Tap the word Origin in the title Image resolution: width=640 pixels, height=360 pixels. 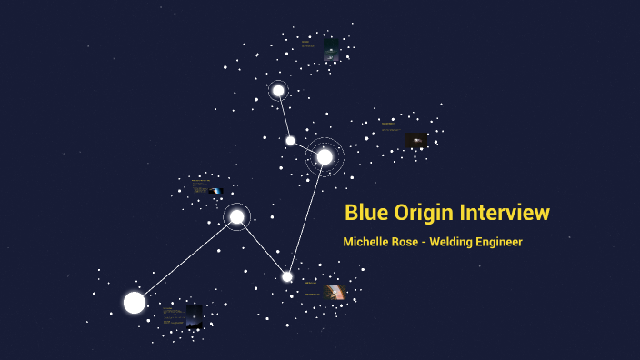coord(425,213)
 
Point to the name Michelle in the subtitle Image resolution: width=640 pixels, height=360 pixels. coord(367,242)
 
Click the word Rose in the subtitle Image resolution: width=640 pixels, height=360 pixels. coord(410,242)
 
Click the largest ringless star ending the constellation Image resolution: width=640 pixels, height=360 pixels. coord(135,302)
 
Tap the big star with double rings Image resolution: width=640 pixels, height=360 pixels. coord(325,156)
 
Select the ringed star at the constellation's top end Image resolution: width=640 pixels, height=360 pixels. coord(278,90)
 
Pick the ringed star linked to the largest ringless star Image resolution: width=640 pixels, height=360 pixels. coord(236,216)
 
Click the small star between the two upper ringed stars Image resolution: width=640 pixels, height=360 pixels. coord(291,140)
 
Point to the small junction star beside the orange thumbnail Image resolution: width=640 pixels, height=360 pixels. coord(287,276)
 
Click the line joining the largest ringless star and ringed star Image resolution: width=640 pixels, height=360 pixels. coord(185,259)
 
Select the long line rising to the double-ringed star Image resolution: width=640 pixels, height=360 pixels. coord(306,216)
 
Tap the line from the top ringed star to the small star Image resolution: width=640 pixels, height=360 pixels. coord(285,115)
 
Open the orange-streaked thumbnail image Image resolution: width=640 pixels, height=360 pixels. coord(335,292)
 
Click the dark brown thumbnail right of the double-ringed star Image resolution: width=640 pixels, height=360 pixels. coord(415,140)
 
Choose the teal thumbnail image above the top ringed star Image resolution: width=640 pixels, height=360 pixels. coord(332,48)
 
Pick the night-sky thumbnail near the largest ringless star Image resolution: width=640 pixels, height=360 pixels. coord(194,315)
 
